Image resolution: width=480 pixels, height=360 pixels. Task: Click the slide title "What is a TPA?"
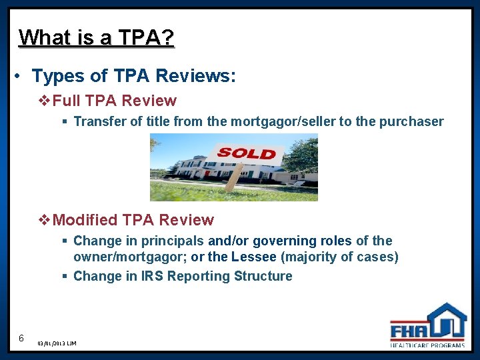(97, 37)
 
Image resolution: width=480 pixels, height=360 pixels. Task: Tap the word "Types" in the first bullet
(55, 77)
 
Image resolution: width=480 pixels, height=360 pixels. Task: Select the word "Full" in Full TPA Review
(67, 101)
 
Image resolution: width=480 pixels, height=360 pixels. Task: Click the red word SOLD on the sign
(246, 153)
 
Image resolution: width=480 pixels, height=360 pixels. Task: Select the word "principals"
(173, 241)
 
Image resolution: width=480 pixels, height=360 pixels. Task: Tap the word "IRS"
(151, 276)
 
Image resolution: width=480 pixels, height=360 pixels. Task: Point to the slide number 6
(21, 338)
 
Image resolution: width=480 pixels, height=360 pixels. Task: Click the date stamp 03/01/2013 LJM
(57, 343)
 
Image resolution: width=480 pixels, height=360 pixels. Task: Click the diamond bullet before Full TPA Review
(45, 101)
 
